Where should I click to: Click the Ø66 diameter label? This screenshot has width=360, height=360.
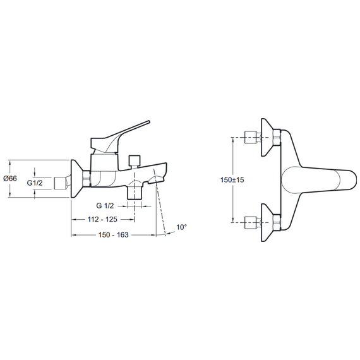point(10,178)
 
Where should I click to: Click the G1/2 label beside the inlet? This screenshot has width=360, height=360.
point(35,183)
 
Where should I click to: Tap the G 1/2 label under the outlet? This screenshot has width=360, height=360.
point(105,206)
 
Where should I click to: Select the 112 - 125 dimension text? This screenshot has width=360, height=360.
point(102,220)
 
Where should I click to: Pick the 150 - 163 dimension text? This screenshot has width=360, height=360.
point(114,235)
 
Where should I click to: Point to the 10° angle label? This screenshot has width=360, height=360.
point(182,227)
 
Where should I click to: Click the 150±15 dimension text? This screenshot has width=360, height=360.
point(232,180)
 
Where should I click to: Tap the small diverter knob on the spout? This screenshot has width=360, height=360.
point(135,160)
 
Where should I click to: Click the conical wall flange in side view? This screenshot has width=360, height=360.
point(76,178)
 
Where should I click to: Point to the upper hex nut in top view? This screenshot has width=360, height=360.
point(277,137)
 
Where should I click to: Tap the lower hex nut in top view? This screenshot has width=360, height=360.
point(277,222)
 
